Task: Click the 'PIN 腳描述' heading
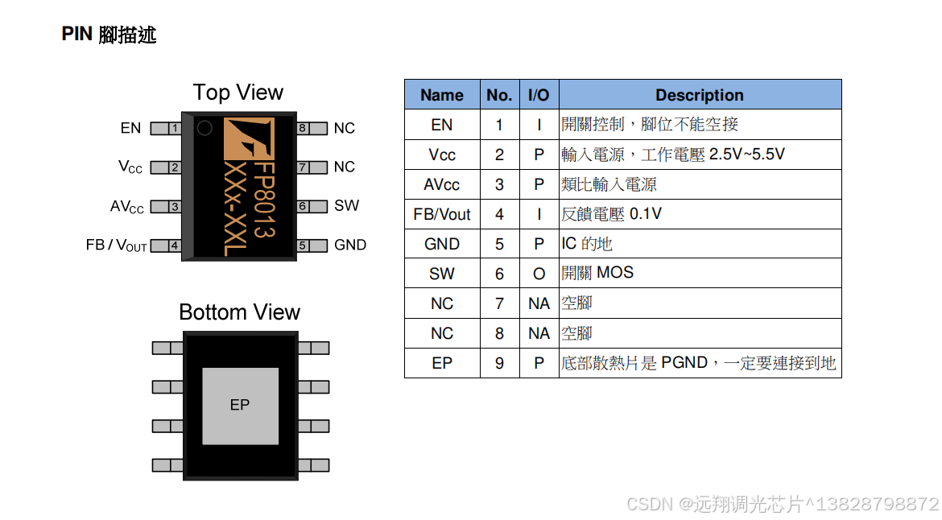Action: point(109,35)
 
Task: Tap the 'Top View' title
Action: point(238,93)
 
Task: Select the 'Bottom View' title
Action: point(239,312)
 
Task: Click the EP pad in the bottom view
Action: point(240,405)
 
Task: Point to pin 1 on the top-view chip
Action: point(167,129)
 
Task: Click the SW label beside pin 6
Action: point(346,206)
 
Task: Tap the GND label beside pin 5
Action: point(350,246)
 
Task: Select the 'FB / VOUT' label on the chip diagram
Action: point(116,246)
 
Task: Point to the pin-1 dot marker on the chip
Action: point(205,128)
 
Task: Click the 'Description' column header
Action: point(699,95)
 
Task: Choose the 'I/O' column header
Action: point(539,95)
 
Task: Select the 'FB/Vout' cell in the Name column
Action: point(442,215)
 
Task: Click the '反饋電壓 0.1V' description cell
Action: point(612,215)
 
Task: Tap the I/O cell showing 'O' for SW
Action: point(539,274)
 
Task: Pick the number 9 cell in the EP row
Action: point(499,364)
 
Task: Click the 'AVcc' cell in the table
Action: point(442,185)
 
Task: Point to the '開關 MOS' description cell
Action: point(597,274)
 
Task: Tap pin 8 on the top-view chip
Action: point(312,129)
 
